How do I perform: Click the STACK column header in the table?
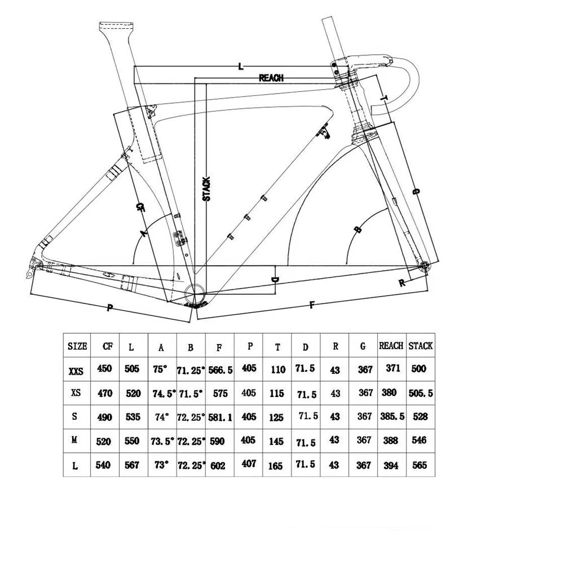click(420, 345)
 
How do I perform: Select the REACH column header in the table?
click(391, 345)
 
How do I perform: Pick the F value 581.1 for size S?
click(219, 417)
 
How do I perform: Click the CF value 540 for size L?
click(104, 465)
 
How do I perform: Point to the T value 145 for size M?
click(277, 440)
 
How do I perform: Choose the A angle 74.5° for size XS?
click(162, 394)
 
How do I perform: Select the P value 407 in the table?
click(248, 464)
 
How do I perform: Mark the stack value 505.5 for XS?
click(420, 393)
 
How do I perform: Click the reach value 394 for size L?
click(391, 465)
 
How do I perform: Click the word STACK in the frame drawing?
click(206, 189)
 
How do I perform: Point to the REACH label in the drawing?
click(271, 78)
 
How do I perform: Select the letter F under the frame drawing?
click(311, 306)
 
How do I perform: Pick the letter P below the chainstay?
click(109, 307)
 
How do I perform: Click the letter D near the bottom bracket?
click(275, 280)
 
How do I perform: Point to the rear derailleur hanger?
click(36, 265)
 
